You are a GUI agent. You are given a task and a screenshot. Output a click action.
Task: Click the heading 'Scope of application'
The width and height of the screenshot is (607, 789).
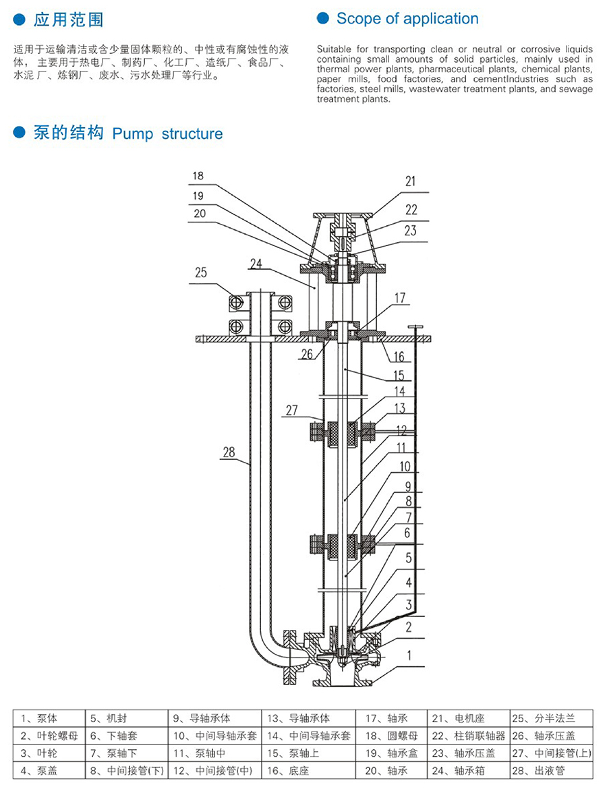click(407, 19)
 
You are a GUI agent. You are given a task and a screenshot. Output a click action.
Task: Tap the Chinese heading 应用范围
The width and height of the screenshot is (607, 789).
click(69, 20)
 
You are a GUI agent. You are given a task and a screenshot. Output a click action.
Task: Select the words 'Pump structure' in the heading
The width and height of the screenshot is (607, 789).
click(167, 134)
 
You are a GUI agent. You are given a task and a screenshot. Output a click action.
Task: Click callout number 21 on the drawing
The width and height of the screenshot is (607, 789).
click(411, 181)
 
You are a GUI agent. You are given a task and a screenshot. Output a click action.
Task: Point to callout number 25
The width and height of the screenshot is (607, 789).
click(201, 274)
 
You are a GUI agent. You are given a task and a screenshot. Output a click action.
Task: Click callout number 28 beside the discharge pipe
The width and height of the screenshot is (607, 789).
click(229, 452)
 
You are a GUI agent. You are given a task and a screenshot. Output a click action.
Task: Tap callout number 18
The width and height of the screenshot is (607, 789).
click(197, 177)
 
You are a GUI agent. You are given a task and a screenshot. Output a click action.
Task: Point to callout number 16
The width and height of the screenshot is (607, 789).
click(399, 357)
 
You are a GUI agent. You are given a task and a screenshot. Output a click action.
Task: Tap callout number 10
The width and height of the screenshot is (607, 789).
click(405, 467)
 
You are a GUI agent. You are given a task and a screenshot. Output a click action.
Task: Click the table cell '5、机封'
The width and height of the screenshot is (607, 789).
click(107, 719)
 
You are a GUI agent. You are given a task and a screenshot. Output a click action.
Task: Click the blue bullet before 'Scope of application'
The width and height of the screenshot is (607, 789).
click(322, 19)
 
